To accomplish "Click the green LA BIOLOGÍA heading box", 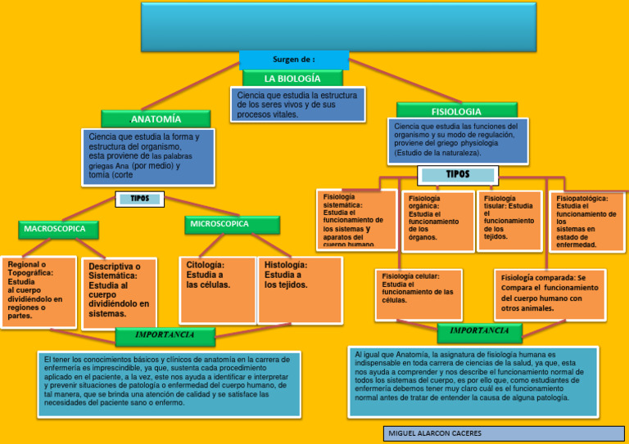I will (x=292, y=78).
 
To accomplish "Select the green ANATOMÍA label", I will (x=155, y=119).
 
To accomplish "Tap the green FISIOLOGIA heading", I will (x=456, y=110).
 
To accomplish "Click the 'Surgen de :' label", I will (x=293, y=60).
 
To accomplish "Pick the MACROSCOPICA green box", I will (x=57, y=229).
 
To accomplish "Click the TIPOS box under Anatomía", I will (x=141, y=198).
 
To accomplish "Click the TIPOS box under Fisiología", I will (x=457, y=174).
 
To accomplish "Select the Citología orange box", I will (x=217, y=289).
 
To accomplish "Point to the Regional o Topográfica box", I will (x=38, y=290).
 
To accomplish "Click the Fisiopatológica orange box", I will (x=587, y=221).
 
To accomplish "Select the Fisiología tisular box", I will (x=509, y=219).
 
